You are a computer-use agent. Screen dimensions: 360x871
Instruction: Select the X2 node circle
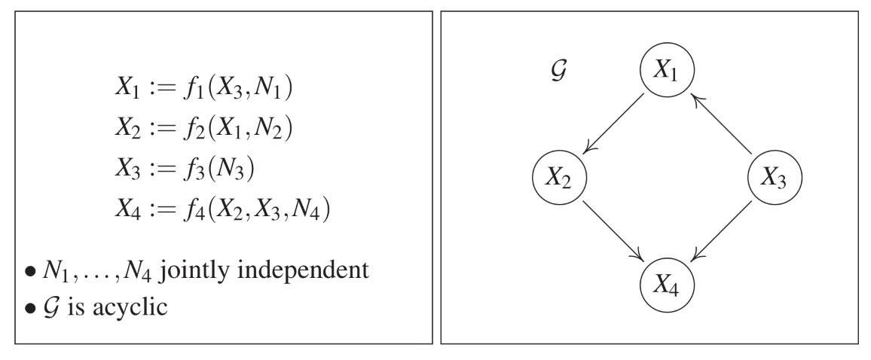tap(560, 178)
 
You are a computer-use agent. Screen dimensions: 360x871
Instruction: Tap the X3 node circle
tap(775, 178)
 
